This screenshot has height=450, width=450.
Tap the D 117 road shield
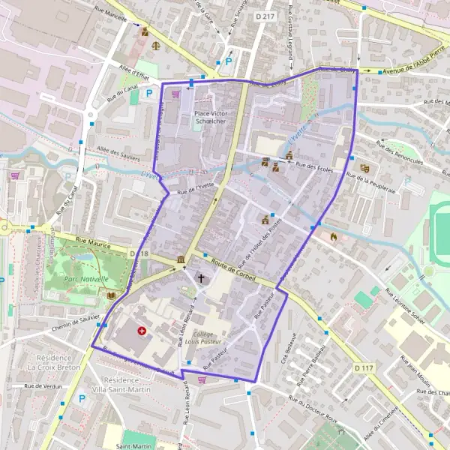(x=364, y=367)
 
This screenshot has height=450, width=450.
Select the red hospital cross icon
(x=142, y=330)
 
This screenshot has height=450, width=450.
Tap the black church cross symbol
(x=200, y=278)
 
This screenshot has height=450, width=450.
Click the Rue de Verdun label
(x=43, y=386)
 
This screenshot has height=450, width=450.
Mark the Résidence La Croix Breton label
(x=54, y=363)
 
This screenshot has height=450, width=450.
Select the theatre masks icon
(x=364, y=169)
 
